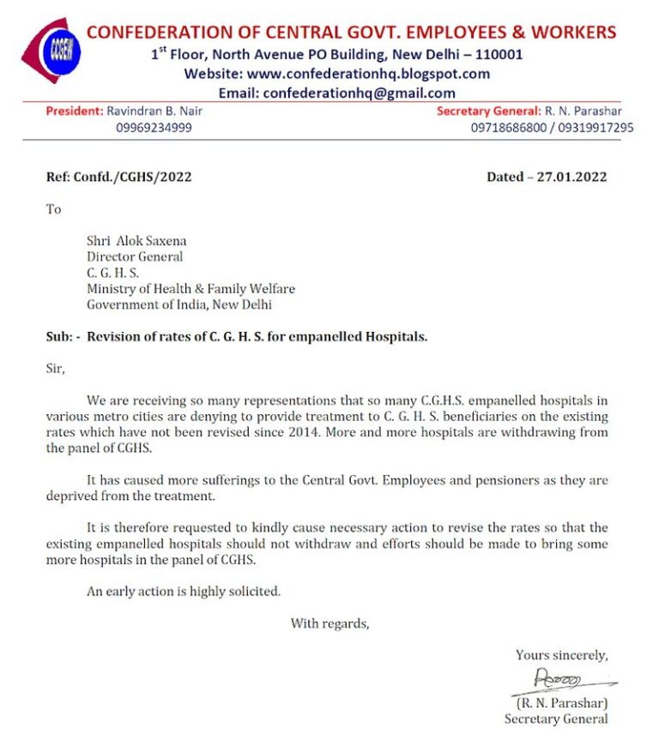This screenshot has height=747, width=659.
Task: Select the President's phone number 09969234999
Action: [x=154, y=128]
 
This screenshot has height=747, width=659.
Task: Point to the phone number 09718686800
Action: [x=511, y=128]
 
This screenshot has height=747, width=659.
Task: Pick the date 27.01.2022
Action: [x=572, y=178]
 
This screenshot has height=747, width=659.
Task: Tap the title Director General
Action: [x=135, y=256]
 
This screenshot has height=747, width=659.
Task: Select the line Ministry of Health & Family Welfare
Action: [x=190, y=289]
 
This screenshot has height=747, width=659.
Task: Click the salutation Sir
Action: [x=54, y=369]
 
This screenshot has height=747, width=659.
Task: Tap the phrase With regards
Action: [x=329, y=624]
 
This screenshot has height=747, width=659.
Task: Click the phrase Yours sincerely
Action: [x=561, y=655]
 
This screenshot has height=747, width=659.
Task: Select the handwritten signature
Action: [x=558, y=681]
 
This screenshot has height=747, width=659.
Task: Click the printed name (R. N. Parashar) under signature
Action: [x=562, y=702]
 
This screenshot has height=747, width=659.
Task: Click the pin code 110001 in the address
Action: [x=498, y=55]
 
